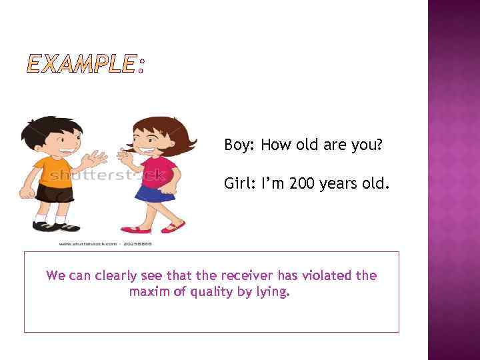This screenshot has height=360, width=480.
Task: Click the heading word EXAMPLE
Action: tap(80, 65)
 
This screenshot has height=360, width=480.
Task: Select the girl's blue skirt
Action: tap(155, 193)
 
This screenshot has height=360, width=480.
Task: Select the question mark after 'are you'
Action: tap(379, 145)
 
